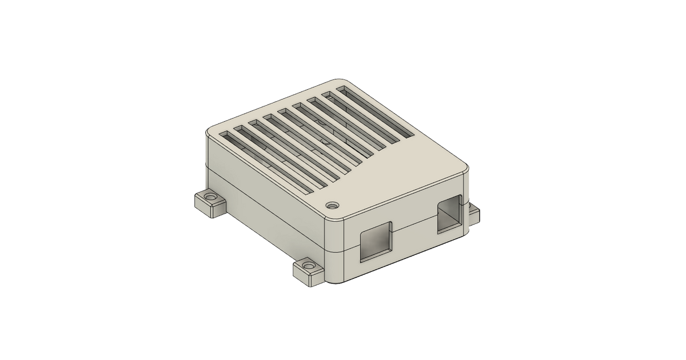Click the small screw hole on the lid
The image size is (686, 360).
pos(332,204)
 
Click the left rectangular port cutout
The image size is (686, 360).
pos(376,241)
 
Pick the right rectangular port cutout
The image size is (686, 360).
pos(450,214)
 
